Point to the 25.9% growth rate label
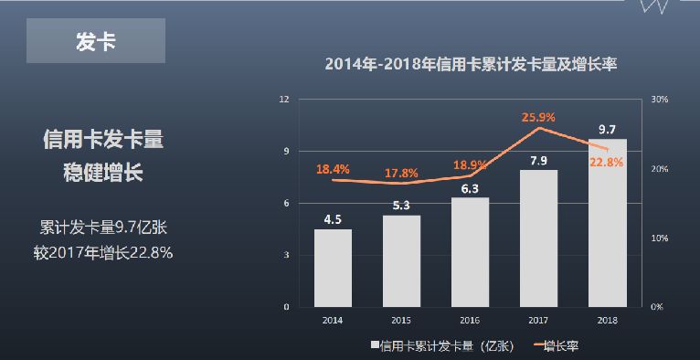pyautogui.click(x=538, y=117)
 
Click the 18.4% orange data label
pyautogui.click(x=333, y=169)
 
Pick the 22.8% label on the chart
pyautogui.click(x=607, y=162)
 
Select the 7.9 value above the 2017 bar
pyautogui.click(x=538, y=161)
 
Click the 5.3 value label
pyautogui.click(x=401, y=206)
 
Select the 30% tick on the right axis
pyautogui.click(x=660, y=99)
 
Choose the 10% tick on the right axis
pyautogui.click(x=660, y=238)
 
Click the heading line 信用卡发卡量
pyautogui.click(x=102, y=141)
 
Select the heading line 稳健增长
pyautogui.click(x=102, y=173)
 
